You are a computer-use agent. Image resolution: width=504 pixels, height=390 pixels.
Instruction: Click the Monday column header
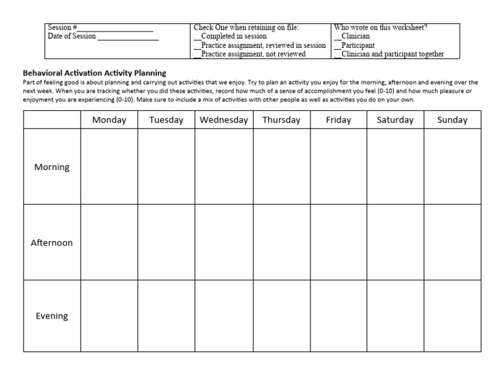109,119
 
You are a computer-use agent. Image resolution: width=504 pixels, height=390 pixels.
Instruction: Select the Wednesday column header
224,119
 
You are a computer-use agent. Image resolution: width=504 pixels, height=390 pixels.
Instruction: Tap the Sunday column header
452,119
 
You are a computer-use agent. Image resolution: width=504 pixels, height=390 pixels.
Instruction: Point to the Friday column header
339,119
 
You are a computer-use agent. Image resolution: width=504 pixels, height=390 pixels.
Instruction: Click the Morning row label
52,167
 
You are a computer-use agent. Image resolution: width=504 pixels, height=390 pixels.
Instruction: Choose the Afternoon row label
52,242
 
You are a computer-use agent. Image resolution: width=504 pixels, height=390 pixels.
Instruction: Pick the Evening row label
52,316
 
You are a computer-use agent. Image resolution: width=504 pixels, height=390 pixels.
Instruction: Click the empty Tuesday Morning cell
166,167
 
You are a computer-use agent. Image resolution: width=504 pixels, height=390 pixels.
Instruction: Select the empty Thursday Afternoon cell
282,242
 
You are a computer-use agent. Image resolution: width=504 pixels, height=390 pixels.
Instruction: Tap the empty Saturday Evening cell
395,316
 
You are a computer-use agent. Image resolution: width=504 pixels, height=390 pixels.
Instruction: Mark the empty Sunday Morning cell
452,167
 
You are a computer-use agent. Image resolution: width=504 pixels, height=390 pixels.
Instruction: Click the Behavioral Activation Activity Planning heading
94,73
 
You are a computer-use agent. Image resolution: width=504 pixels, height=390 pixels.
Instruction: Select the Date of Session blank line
128,37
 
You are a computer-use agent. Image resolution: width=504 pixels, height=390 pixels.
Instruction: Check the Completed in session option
198,37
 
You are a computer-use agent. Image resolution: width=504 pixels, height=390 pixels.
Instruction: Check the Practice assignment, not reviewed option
198,54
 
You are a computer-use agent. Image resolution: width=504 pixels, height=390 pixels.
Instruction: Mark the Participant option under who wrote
338,46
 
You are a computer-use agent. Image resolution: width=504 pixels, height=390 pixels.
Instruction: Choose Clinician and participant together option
338,54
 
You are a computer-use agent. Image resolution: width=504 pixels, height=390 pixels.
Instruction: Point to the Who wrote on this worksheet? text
381,28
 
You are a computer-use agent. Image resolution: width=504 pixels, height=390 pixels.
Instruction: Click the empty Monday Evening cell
109,316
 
